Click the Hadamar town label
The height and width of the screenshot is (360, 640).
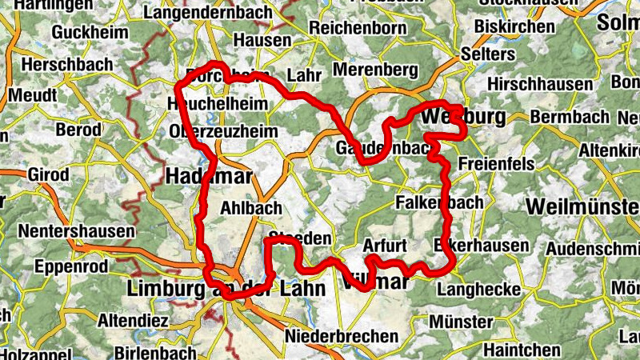pos(209,175)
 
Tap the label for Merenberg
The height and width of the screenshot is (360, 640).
pos(375,70)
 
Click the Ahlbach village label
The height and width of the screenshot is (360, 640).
pos(250,208)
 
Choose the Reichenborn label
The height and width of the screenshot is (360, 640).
pos(358,28)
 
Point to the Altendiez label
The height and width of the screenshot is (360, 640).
pos(130,321)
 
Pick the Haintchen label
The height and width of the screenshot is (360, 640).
pos(522,350)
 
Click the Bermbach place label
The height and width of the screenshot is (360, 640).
pos(570,118)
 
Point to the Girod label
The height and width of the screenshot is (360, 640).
pos(48,174)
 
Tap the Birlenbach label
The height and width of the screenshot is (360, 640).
pos(154,353)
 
